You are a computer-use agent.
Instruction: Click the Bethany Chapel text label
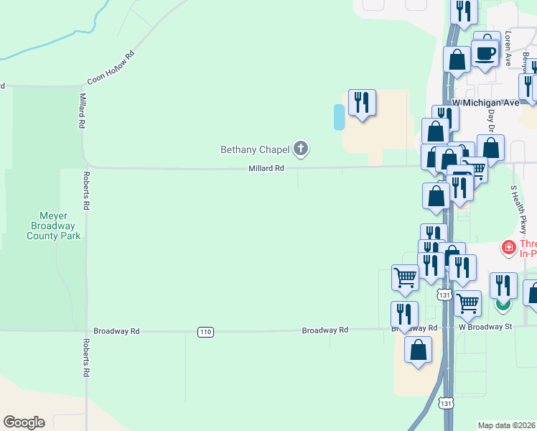pyautogui.click(x=255, y=149)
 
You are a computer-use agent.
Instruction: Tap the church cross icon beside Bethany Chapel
pyautogui.click(x=301, y=149)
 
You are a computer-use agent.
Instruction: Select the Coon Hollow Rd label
pyautogui.click(x=111, y=69)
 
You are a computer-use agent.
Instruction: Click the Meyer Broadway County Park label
pyautogui.click(x=54, y=225)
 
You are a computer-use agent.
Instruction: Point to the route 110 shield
pyautogui.click(x=205, y=331)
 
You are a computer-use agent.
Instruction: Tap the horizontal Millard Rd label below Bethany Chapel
pyautogui.click(x=266, y=168)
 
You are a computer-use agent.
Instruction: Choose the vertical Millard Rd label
pyautogui.click(x=83, y=111)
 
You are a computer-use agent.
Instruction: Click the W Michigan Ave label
pyautogui.click(x=485, y=103)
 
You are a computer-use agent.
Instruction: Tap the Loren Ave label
pyautogui.click(x=508, y=49)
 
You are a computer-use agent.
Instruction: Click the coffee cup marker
pyautogui.click(x=485, y=53)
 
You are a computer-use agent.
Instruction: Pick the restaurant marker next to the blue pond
pyautogui.click(x=363, y=103)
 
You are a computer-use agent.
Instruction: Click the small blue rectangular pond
pyautogui.click(x=338, y=116)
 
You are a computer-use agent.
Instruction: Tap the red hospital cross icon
pyautogui.click(x=509, y=248)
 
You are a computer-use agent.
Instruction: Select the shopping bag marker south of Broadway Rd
pyautogui.click(x=418, y=351)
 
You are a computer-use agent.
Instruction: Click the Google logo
pyautogui.click(x=24, y=422)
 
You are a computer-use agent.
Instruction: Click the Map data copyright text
pyautogui.click(x=507, y=425)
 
